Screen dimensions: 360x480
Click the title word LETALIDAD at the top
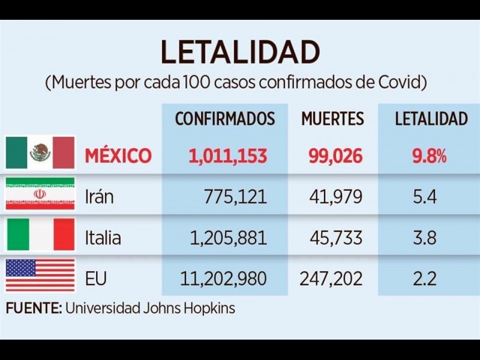coord(239,53)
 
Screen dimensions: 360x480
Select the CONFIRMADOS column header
coord(224,118)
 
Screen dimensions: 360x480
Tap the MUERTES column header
coord(332,118)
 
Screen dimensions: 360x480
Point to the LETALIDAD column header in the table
coord(431,118)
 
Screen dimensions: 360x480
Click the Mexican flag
coord(40,153)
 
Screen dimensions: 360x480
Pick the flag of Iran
coord(40,194)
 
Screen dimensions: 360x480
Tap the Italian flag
coord(40,235)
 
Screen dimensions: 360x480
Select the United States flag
coord(40,275)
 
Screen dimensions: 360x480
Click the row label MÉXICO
coord(118,156)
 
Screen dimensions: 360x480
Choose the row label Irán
coord(99,197)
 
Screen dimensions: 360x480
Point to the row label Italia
coord(103,238)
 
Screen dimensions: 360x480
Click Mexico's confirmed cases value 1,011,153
coord(228,156)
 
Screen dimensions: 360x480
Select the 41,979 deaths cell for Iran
coord(336,197)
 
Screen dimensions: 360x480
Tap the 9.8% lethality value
coord(429,156)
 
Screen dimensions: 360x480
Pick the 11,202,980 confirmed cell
coord(224,278)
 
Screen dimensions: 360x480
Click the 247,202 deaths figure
coord(331,278)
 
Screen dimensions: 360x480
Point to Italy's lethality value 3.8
coord(425,238)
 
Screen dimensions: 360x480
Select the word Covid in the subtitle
coord(399,82)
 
